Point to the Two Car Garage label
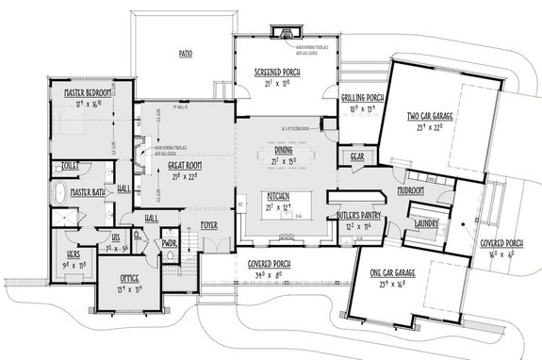pyautogui.click(x=429, y=117)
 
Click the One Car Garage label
pyautogui.click(x=400, y=273)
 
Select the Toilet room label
pyautogui.click(x=71, y=164)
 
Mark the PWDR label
pyautogui.click(x=170, y=242)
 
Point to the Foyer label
pyautogui.click(x=208, y=224)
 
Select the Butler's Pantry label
pyautogui.click(x=354, y=216)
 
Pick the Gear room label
pyautogui.click(x=357, y=156)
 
